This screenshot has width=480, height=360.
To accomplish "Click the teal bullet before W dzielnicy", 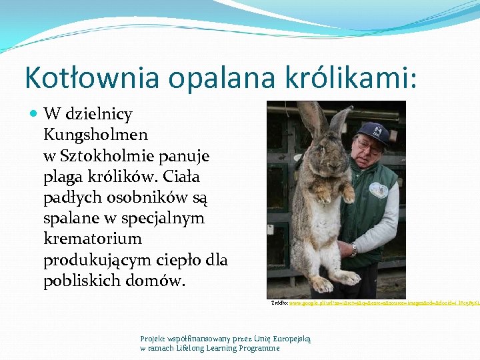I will [34, 114].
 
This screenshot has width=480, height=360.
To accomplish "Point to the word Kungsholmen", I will [95, 135].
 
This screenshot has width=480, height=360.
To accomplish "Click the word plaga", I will [63, 177].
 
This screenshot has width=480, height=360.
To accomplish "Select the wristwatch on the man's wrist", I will [353, 250].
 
